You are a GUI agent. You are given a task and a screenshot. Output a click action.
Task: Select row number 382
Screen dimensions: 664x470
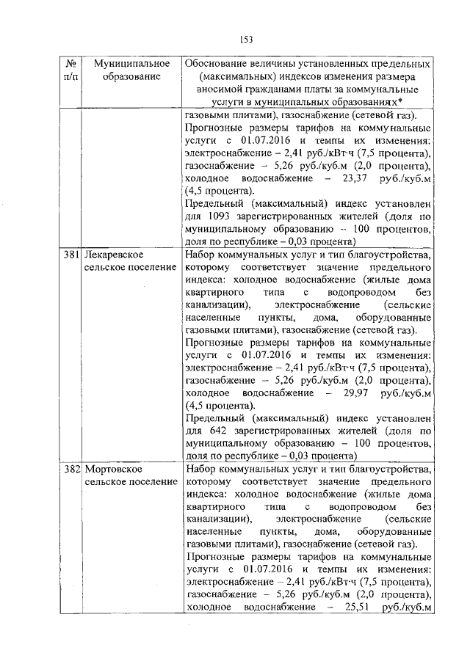point(70,468)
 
